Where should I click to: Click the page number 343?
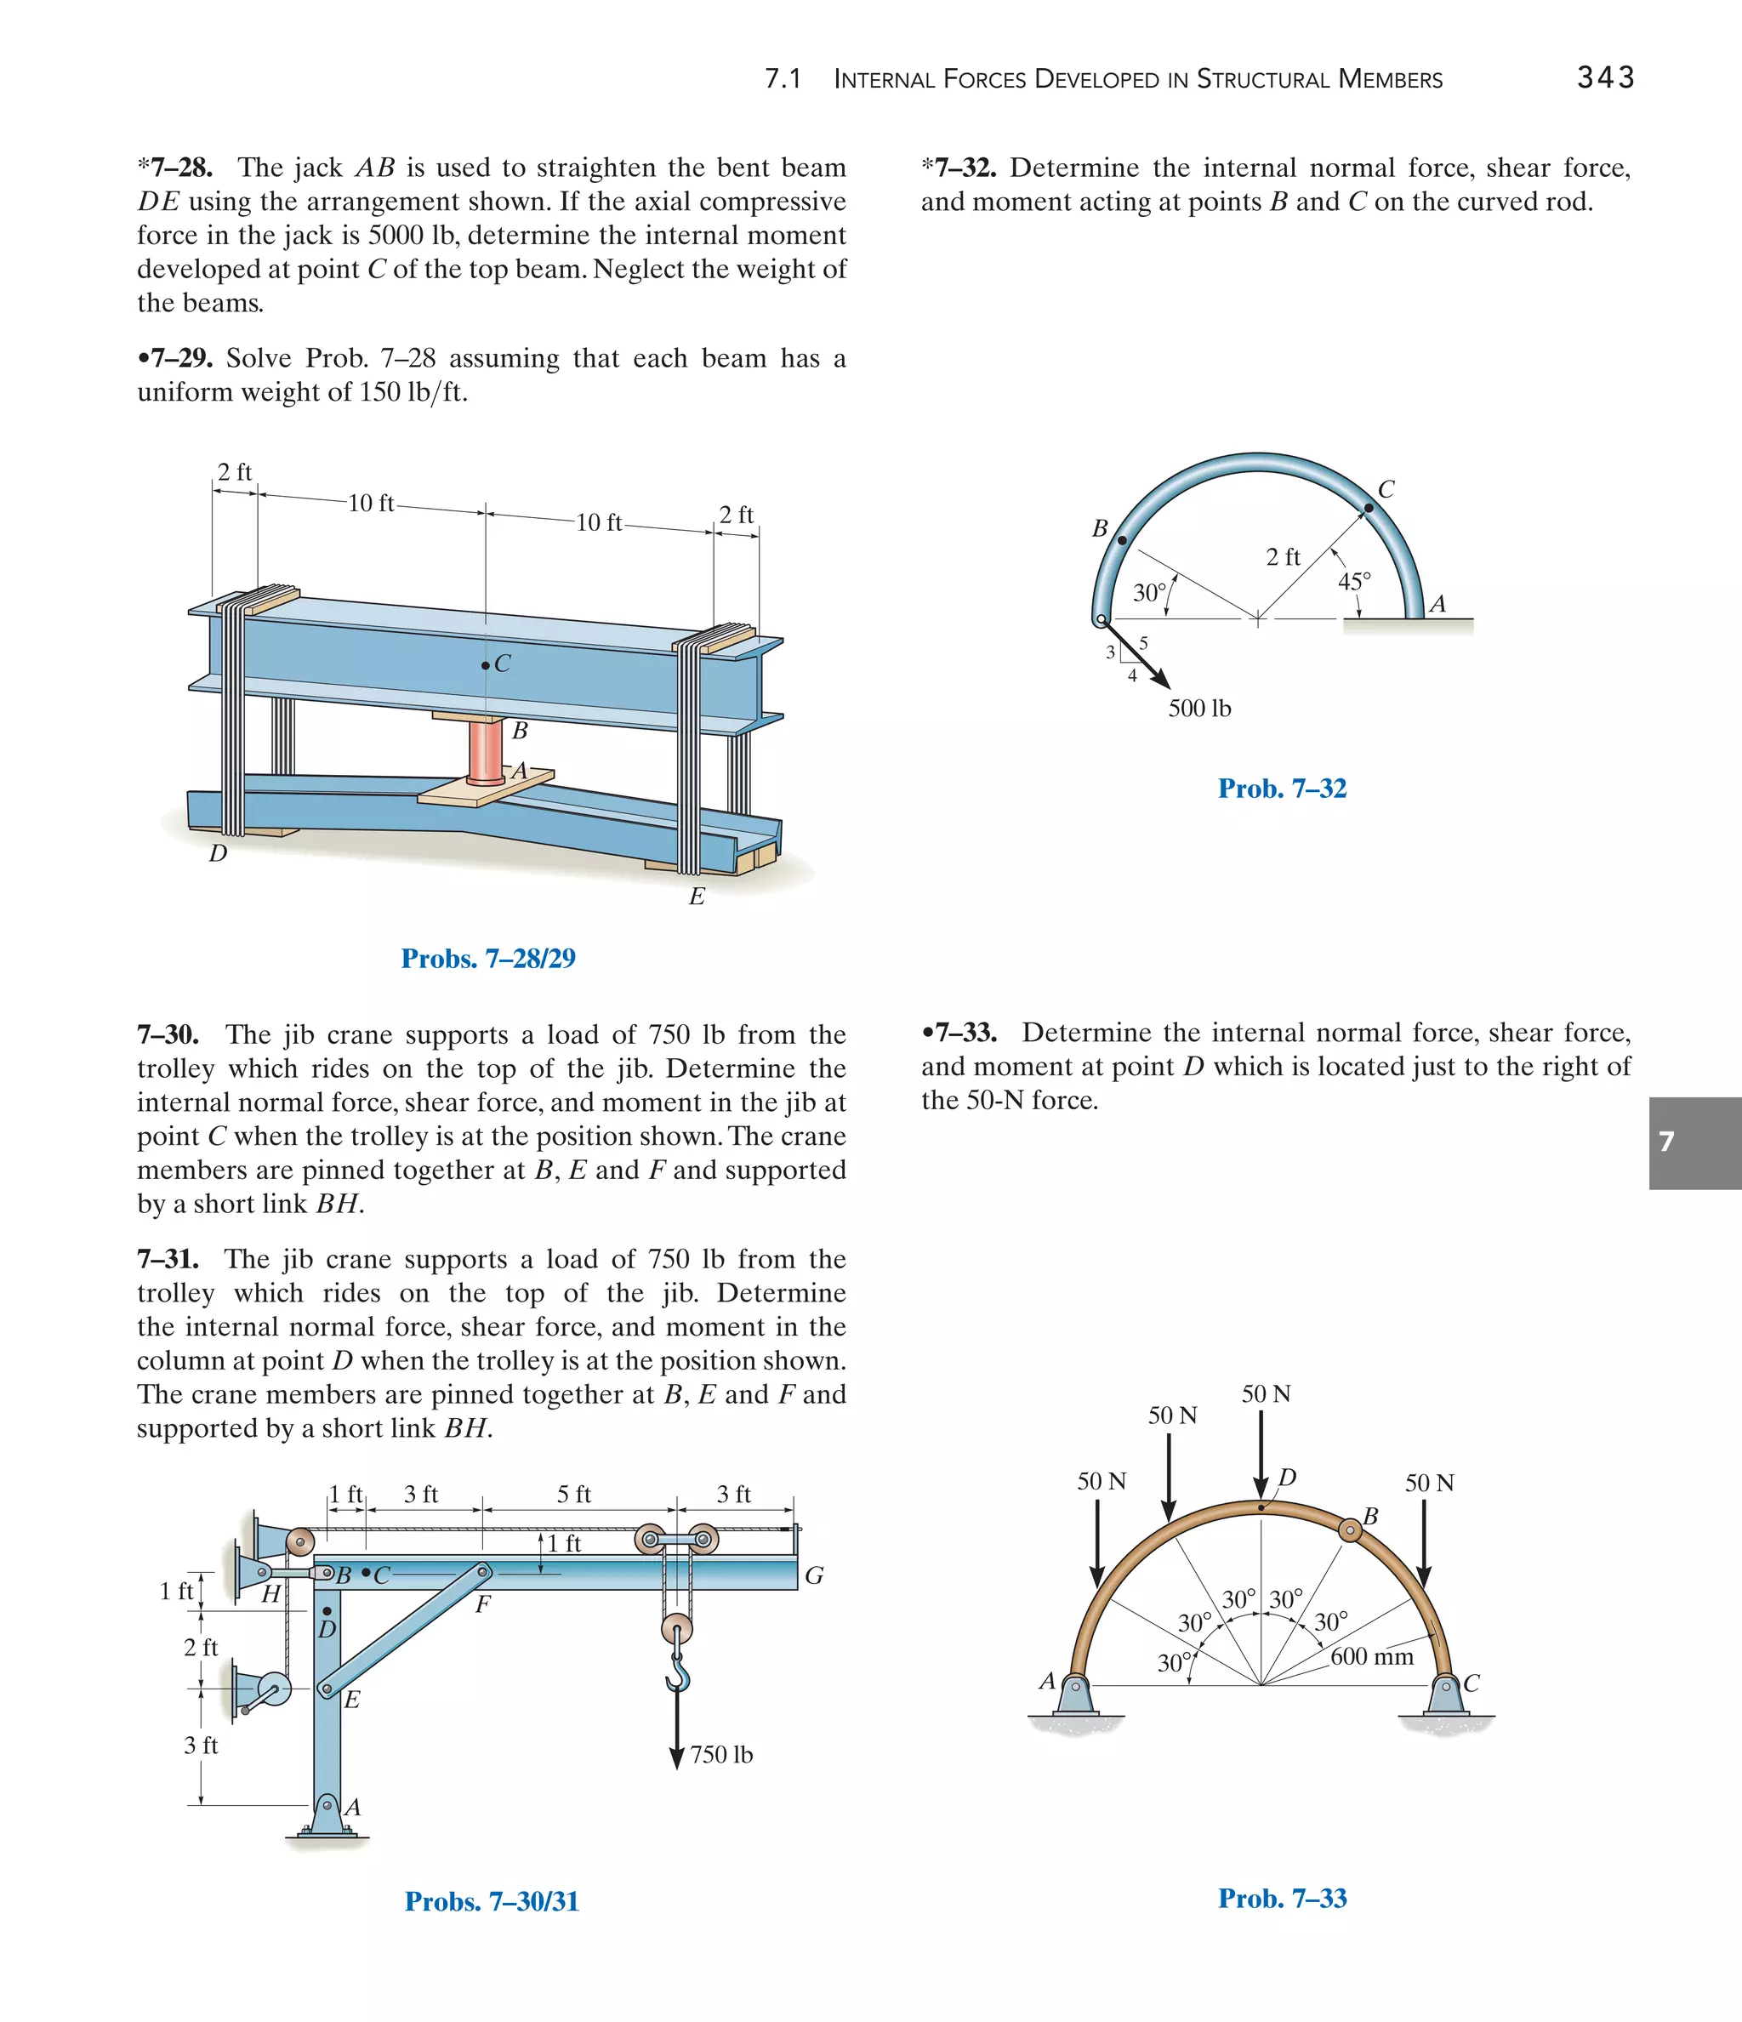[1605, 77]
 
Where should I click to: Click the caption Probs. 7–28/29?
[488, 959]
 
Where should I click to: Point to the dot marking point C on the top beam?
[485, 665]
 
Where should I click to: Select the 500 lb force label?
[1199, 709]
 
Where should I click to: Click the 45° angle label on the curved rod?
[1353, 582]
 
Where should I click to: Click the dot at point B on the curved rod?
[1121, 539]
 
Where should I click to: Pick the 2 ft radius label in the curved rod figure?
[1283, 557]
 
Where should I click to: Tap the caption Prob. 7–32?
[1281, 789]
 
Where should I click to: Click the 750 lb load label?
[721, 1755]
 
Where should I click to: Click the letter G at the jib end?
[814, 1576]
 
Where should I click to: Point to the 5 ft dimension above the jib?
[574, 1494]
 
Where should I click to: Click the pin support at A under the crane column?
[329, 1816]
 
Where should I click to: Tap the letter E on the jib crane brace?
[352, 1699]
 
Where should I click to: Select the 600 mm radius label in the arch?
[1371, 1656]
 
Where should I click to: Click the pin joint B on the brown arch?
[1349, 1529]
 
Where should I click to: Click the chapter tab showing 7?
[1694, 1142]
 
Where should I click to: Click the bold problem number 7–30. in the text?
[168, 1034]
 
